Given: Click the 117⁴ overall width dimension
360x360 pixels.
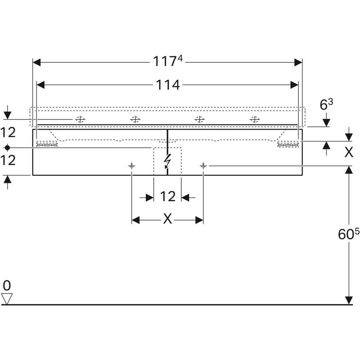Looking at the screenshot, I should coord(168,62).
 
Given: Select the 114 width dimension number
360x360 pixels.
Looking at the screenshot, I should coord(168,85).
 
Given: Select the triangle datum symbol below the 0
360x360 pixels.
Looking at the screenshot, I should coord(7,298).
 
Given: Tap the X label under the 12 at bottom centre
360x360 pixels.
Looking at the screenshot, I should coord(168,219).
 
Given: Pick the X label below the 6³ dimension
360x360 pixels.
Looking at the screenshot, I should coord(348,152).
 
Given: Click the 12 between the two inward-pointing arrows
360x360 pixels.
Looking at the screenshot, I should coord(168,197).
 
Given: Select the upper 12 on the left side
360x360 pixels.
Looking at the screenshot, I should coord(8,132).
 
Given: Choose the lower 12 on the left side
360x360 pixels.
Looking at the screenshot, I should coord(8,160).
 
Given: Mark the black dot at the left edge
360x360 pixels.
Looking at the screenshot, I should coord(7,147).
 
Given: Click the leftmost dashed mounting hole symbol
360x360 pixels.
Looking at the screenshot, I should coord(80,119).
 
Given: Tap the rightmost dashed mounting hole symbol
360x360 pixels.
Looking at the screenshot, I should coord(254,119).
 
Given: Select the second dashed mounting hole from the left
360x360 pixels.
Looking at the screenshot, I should coord(135,119).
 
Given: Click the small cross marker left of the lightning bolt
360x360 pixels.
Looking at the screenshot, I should coord(132,165).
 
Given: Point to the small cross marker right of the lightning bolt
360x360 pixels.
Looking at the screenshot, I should coord(203,165).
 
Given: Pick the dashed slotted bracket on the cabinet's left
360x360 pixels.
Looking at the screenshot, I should coord(47,145).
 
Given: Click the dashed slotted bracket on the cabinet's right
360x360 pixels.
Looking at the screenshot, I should coord(288,145).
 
